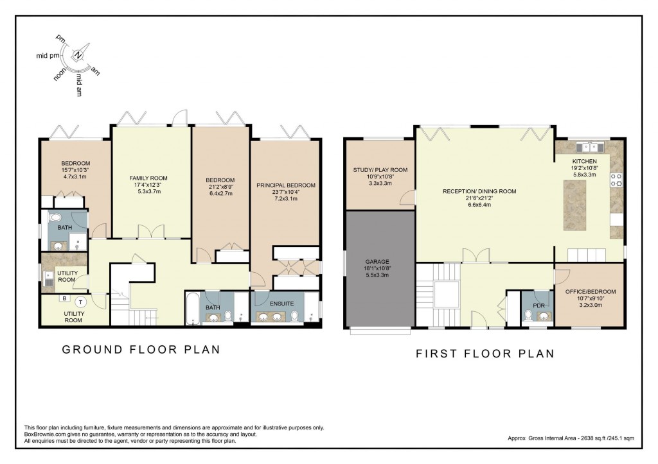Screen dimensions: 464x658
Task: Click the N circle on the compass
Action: [78, 55]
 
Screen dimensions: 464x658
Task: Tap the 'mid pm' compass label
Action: [46, 56]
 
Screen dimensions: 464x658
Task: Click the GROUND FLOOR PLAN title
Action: [141, 350]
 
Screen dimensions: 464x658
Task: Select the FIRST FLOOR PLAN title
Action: [485, 354]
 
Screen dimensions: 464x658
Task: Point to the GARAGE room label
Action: [378, 262]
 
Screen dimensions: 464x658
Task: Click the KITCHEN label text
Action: [585, 161]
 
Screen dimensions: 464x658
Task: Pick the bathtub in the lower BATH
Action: [192, 309]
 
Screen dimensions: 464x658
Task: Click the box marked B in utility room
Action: [64, 298]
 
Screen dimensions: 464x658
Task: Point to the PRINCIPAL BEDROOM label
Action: [286, 185]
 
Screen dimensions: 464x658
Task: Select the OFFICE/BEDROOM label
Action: [591, 291]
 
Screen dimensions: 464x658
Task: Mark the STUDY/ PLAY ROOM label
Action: [380, 170]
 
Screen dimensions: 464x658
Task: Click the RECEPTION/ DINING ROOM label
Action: [479, 191]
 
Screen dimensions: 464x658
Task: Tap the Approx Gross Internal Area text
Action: [570, 438]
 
